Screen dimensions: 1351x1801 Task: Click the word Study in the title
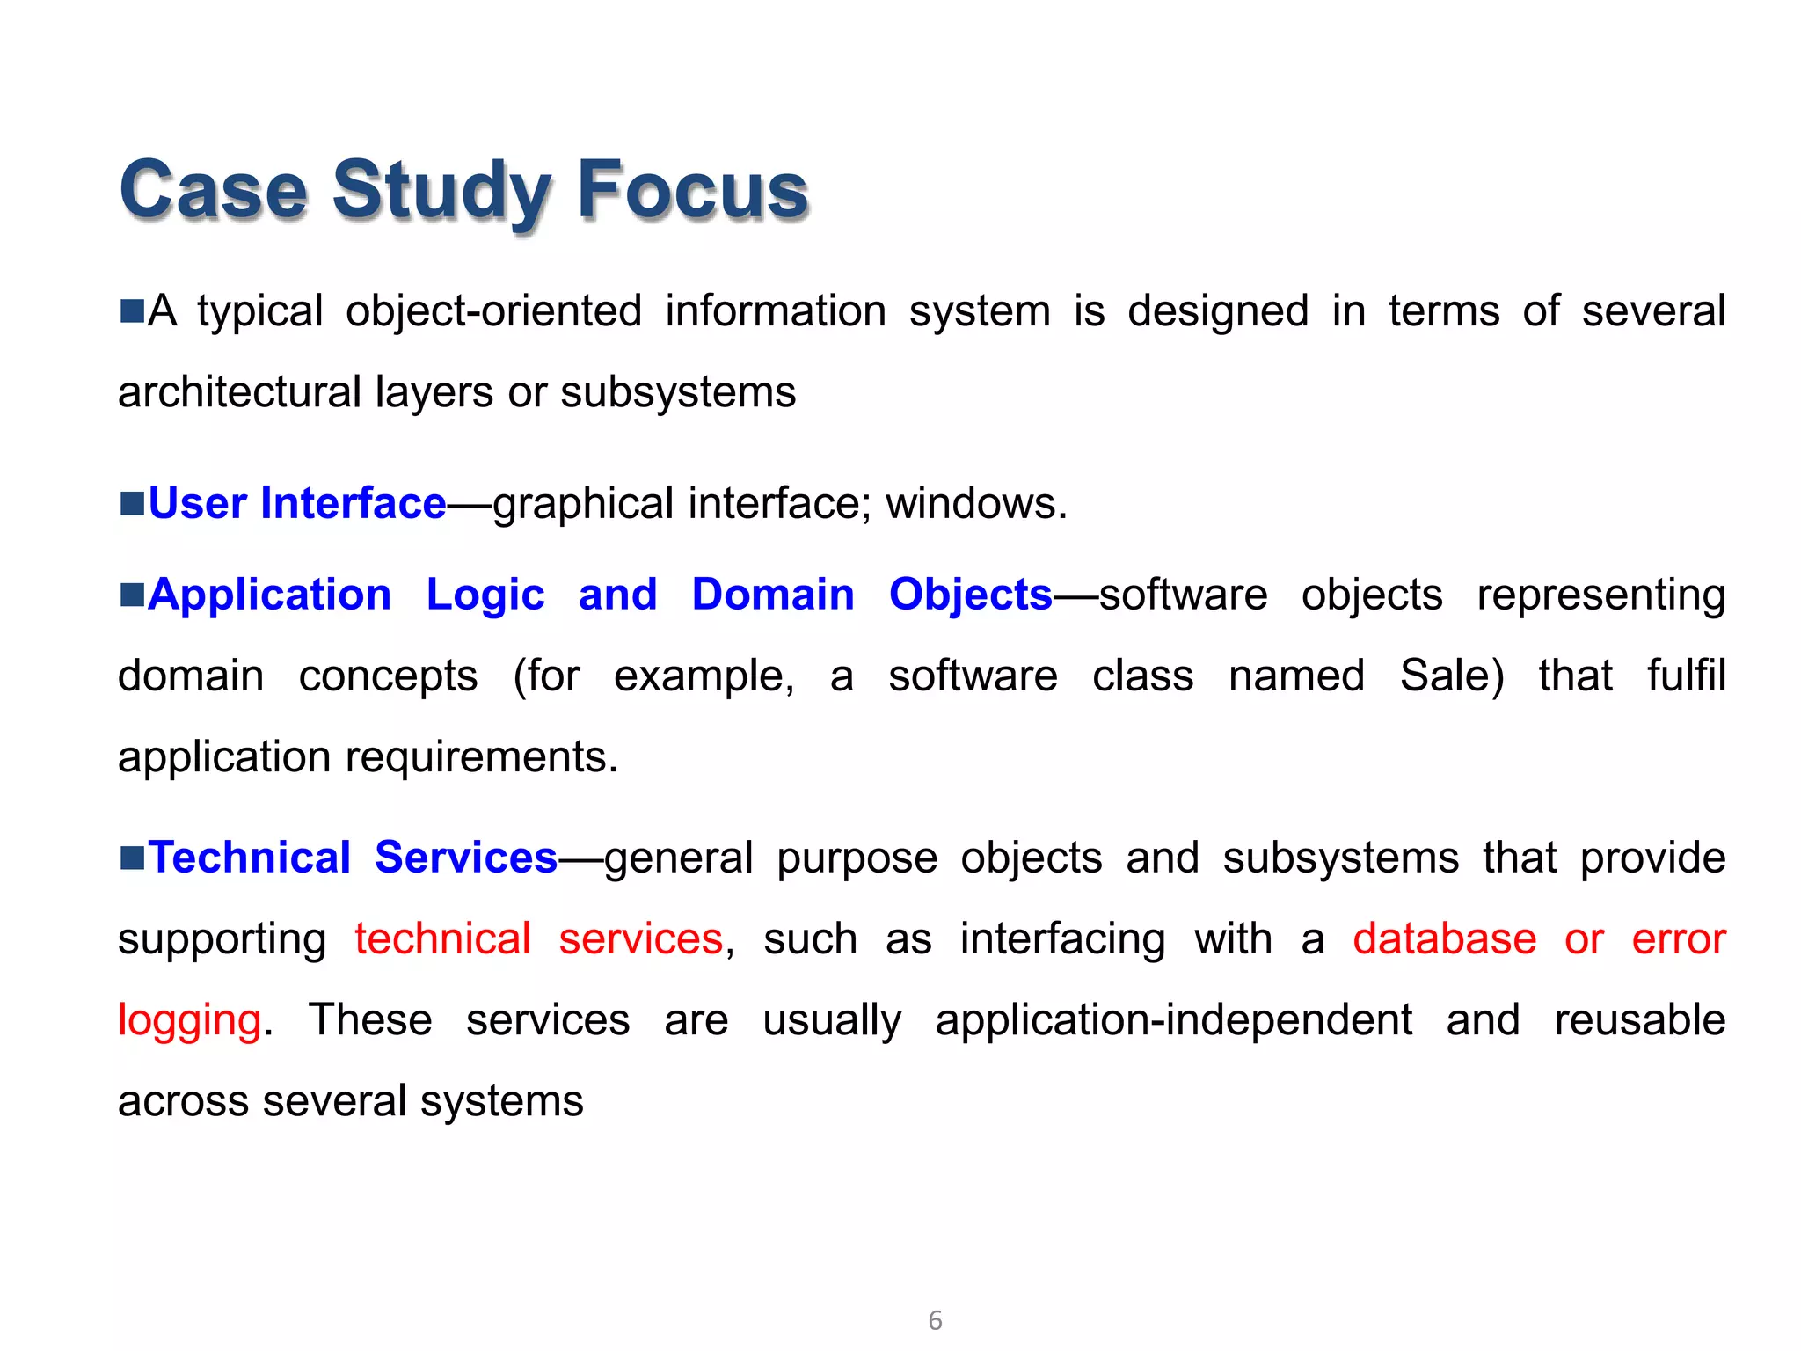441,191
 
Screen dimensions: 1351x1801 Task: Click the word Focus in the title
692,191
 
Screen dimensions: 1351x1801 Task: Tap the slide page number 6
935,1320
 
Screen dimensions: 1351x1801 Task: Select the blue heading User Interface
297,504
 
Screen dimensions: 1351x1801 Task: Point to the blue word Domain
773,595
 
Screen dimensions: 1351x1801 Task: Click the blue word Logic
485,595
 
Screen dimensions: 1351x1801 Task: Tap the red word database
1444,939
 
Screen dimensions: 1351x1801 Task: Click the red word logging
189,1021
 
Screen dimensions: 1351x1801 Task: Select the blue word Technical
250,858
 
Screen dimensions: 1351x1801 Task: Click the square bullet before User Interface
132,504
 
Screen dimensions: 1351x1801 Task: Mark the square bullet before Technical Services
132,858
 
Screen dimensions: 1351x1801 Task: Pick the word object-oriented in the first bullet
493,312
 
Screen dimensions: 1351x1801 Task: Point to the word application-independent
1173,1021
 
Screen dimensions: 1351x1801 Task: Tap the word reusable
1639,1021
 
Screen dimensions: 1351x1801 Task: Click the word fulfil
1686,676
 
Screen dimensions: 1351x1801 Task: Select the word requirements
475,757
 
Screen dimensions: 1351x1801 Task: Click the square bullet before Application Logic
132,595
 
